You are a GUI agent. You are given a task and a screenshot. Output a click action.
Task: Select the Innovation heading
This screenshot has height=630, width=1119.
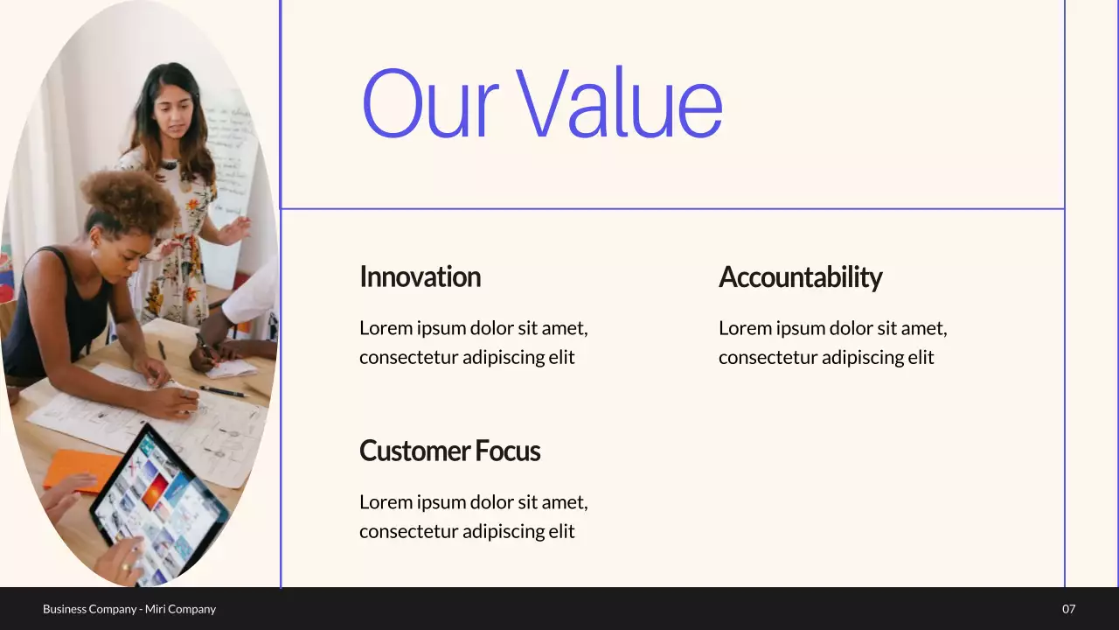point(420,276)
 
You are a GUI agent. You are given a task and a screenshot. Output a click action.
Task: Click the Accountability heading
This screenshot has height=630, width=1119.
point(800,277)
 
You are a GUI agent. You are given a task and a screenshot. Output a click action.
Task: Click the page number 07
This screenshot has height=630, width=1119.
point(1068,609)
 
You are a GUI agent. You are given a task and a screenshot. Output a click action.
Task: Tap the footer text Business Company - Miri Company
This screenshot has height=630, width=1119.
point(129,609)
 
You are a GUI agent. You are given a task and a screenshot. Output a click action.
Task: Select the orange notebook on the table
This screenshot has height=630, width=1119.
point(79,469)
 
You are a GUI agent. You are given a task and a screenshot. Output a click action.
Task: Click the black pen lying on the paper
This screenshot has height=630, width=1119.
point(223,391)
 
